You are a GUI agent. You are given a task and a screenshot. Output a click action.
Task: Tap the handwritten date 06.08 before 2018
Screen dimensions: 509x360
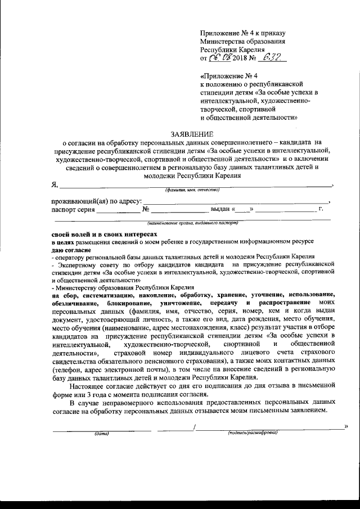click(220, 57)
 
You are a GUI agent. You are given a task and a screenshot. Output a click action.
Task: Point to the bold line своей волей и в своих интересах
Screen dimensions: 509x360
click(101, 233)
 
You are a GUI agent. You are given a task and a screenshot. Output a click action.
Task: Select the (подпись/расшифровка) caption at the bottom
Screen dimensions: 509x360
click(253, 433)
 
